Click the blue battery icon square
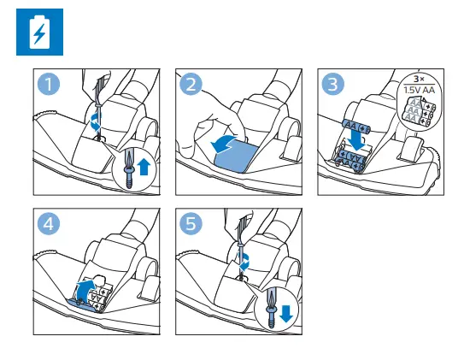point(39,32)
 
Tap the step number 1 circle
point(49,84)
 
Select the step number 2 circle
point(191,84)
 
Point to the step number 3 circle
point(333,84)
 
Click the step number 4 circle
point(49,223)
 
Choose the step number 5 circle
point(191,223)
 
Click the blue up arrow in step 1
point(144,167)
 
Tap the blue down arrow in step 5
point(286,314)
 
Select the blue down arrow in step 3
point(357,141)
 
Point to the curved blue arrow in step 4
point(85,290)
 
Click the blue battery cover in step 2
point(235,156)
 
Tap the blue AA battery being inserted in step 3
point(356,127)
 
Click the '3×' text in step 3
point(419,79)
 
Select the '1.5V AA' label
point(420,90)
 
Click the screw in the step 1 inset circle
point(129,177)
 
